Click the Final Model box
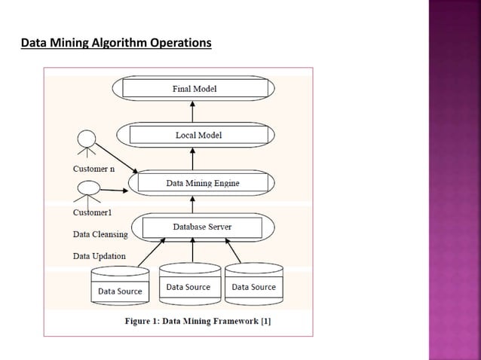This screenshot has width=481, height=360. click(x=195, y=89)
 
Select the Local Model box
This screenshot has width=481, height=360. click(x=198, y=135)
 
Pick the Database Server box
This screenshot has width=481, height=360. click(x=202, y=227)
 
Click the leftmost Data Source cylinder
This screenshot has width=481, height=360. click(x=120, y=286)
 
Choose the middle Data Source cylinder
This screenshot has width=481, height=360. click(x=188, y=285)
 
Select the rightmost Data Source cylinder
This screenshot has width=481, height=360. click(x=253, y=285)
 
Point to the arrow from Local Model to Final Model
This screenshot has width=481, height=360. click(x=193, y=111)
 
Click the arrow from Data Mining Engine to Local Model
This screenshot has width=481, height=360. click(x=193, y=158)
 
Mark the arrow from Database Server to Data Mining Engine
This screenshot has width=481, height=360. click(x=193, y=203)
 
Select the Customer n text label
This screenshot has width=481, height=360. click(x=93, y=169)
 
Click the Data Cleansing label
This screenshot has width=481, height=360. click(x=100, y=234)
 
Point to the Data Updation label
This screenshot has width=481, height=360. click(x=99, y=255)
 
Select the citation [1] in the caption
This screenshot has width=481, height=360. click(x=265, y=322)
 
